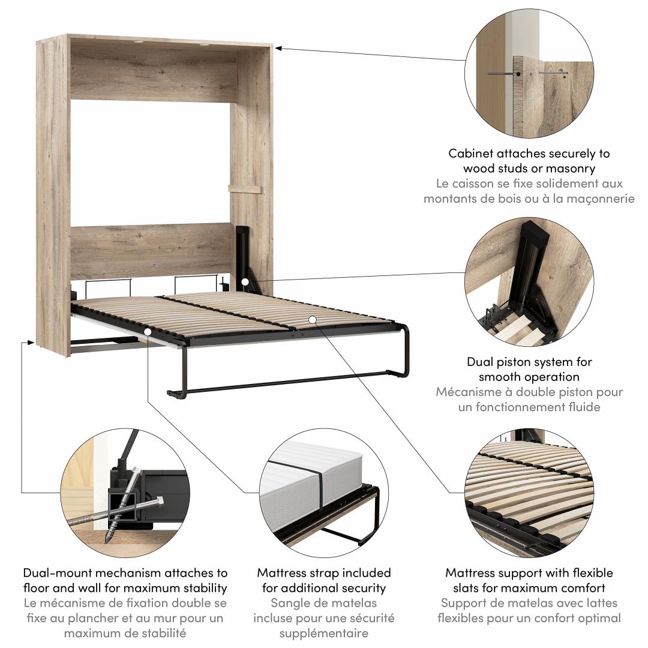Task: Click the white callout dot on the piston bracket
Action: [x=245, y=282]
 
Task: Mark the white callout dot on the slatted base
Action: [x=313, y=319]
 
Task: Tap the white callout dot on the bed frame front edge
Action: [x=148, y=331]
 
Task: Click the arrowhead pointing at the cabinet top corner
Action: [x=278, y=49]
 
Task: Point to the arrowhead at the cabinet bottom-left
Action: [x=31, y=343]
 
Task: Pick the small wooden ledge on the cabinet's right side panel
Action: [x=245, y=189]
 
